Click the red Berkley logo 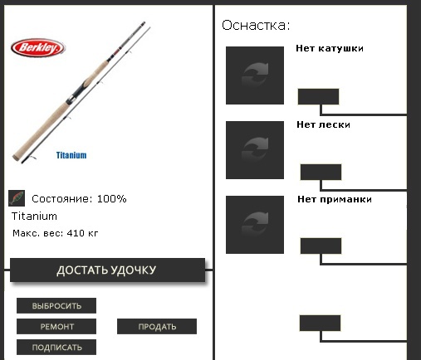[38, 48]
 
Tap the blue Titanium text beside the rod [71, 155]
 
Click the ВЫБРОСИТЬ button [56, 305]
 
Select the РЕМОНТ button [56, 326]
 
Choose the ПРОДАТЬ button [157, 326]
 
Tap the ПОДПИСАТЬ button [56, 347]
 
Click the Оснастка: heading [256, 26]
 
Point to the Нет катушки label [330, 48]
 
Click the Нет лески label [323, 124]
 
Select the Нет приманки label [335, 200]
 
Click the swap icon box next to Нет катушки [255, 75]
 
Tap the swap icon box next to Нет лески [255, 150]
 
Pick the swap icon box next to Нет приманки [255, 225]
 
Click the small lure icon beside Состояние [17, 198]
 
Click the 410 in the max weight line [76, 233]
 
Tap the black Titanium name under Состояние [34, 216]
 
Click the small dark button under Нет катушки [318, 97]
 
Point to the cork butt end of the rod [16, 157]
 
